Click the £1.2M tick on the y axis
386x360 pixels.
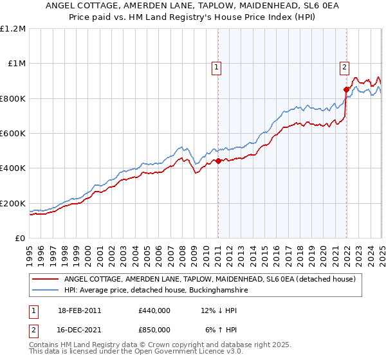point(13,29)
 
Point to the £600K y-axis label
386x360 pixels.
point(13,134)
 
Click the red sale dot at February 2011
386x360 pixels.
point(218,161)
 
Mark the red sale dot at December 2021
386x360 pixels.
point(347,89)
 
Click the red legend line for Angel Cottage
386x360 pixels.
point(46,279)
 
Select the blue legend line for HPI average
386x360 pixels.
point(46,291)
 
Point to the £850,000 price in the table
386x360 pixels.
point(154,330)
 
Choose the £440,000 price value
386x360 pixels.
point(154,310)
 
